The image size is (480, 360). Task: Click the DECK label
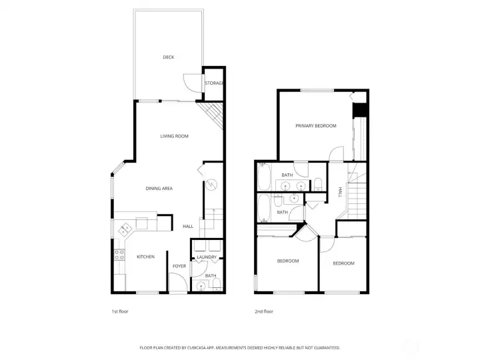point(169,57)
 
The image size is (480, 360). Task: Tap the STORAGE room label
point(214,83)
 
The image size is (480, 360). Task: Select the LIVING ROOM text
point(174,136)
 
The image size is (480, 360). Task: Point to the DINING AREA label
point(159,189)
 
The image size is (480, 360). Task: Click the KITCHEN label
point(146,257)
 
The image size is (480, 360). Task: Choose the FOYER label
point(179,266)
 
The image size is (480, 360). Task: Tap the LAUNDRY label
point(207,257)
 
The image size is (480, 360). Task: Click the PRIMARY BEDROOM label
point(316,126)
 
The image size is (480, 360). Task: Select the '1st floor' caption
point(120,311)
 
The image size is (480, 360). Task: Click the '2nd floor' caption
point(264,311)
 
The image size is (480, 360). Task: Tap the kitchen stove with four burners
point(119,255)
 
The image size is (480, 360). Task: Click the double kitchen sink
point(125,229)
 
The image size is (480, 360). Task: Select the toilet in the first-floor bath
point(217,284)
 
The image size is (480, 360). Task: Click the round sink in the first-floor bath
point(201,286)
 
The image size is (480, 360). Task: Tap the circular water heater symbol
point(211,184)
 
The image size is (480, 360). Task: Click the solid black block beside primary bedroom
point(360,110)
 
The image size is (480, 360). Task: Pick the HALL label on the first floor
point(188,227)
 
